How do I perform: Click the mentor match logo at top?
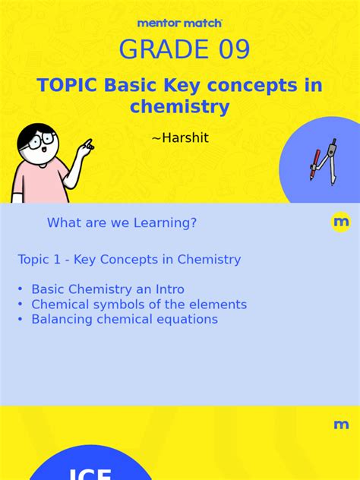(180, 24)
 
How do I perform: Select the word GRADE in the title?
(160, 50)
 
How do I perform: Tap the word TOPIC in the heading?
(68, 85)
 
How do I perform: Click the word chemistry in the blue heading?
(179, 107)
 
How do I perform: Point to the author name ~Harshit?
(179, 138)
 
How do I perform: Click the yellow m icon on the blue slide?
(341, 223)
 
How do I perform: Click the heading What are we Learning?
(122, 223)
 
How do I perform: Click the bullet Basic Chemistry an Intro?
(107, 289)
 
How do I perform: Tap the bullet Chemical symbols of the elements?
(138, 305)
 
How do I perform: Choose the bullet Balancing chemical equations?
(124, 319)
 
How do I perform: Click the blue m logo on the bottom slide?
(341, 425)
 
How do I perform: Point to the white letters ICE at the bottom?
(90, 474)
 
